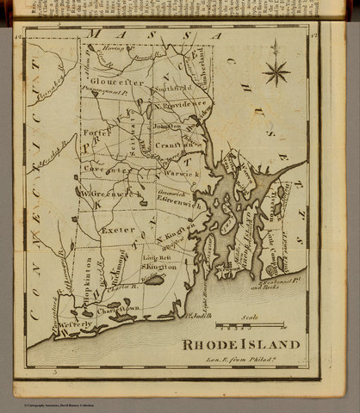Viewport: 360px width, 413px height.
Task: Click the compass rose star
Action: pos(276,70)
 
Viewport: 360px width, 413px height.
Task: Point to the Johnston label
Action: pos(168,126)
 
